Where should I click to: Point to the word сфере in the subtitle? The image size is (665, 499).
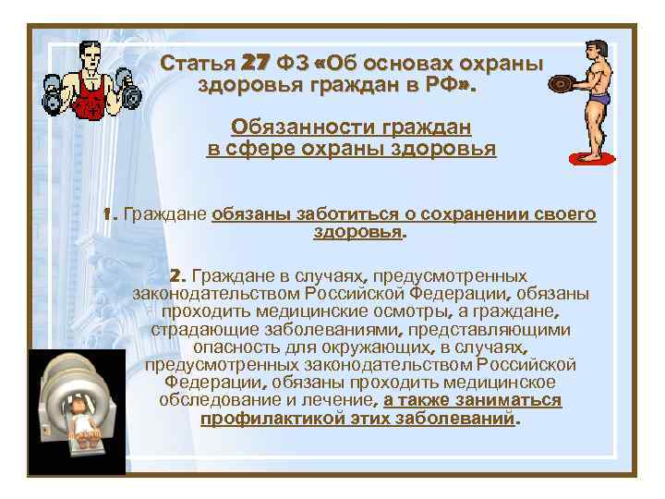(255, 149)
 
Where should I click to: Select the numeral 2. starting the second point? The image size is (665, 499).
(178, 275)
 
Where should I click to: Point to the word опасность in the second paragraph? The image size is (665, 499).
(236, 347)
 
